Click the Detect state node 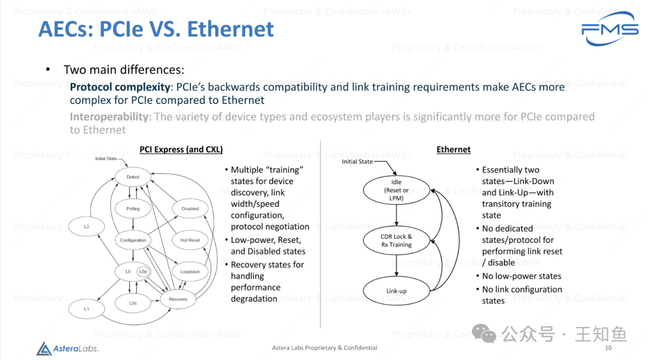click(133, 177)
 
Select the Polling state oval click(133, 209)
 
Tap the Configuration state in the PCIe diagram click(133, 240)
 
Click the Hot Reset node click(190, 240)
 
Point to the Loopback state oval click(190, 272)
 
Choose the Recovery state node click(178, 299)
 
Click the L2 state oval click(86, 227)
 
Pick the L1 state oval click(86, 309)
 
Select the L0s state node click(133, 304)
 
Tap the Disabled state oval click(190, 209)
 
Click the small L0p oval click(143, 272)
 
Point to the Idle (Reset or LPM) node click(397, 190)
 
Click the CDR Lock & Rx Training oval click(397, 241)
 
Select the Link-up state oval click(397, 292)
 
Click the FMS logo click(610, 29)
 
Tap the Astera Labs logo click(67, 348)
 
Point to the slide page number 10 click(608, 348)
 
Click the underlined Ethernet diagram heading click(454, 149)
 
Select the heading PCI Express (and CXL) click(181, 149)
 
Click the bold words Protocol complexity click(120, 87)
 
